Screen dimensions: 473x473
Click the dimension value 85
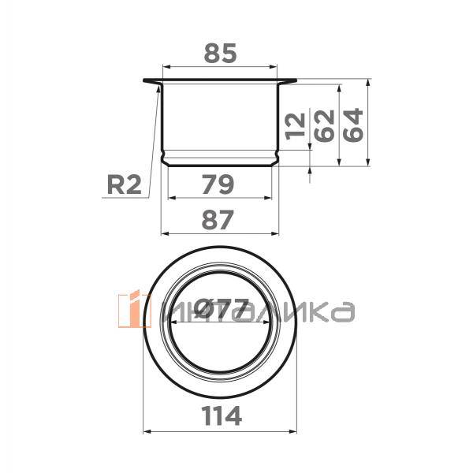(220, 54)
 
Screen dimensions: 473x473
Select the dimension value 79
(218, 184)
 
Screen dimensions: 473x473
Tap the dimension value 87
(218, 220)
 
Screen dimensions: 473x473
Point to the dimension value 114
(222, 415)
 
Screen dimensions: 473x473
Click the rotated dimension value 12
(296, 126)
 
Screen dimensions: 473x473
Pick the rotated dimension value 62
(325, 126)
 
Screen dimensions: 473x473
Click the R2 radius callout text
(125, 185)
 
